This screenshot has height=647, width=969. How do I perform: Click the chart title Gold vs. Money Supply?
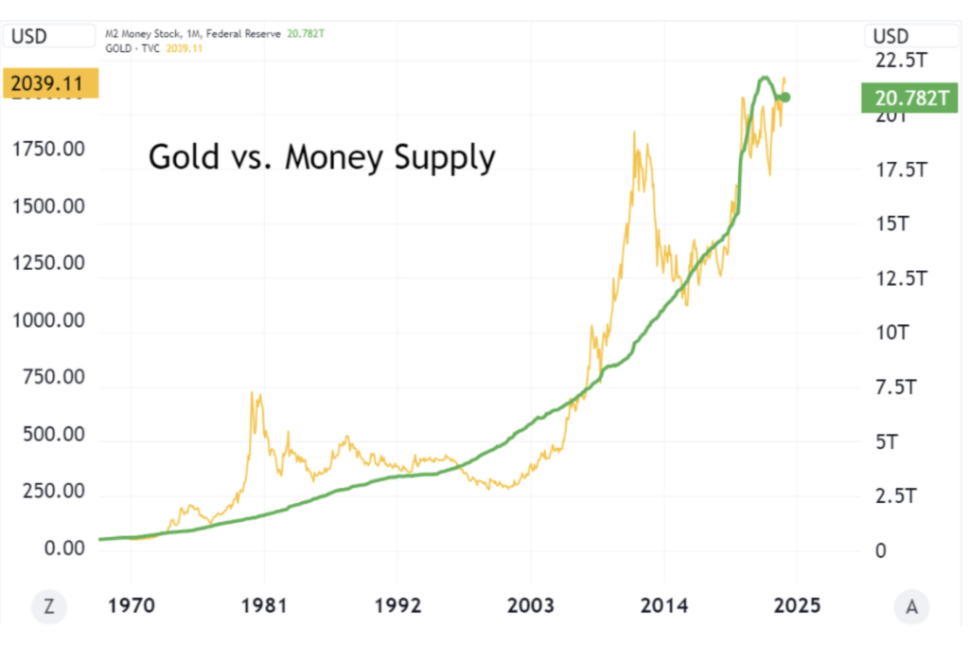point(322,156)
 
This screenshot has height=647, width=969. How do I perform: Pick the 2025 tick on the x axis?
point(797,605)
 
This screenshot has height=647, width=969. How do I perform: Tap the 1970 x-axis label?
point(130,605)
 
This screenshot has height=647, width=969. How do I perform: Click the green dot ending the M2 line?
point(784,97)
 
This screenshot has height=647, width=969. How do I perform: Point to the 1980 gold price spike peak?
point(253,392)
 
